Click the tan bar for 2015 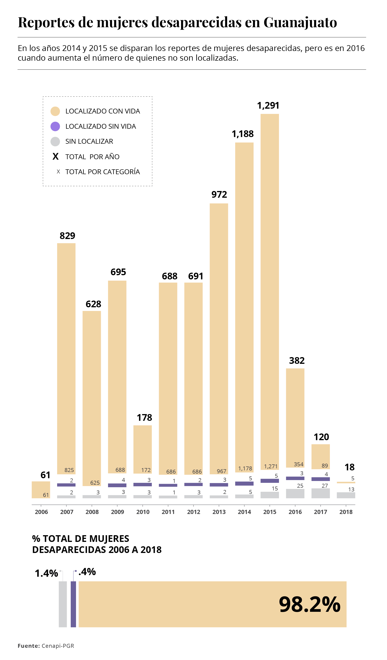(270, 288)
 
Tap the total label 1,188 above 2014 (243, 134)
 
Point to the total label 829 (67, 236)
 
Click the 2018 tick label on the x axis (346, 512)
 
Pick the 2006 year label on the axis (41, 512)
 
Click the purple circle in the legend (55, 126)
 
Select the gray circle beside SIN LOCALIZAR (55, 141)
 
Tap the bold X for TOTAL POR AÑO (56, 157)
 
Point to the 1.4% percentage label (46, 573)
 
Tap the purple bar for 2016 (295, 478)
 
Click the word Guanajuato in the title (300, 22)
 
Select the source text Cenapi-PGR (58, 646)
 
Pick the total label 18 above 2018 (349, 467)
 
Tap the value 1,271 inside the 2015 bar (271, 466)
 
